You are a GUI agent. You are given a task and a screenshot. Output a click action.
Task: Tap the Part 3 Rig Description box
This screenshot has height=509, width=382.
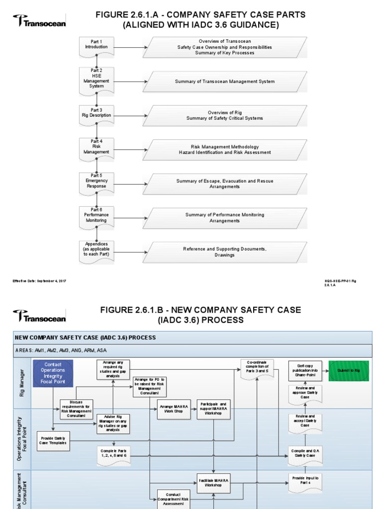click(x=96, y=114)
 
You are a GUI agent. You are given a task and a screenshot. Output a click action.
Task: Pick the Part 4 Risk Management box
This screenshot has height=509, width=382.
click(x=96, y=149)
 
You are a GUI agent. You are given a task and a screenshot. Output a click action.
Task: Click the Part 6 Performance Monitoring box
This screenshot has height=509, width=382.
click(x=96, y=217)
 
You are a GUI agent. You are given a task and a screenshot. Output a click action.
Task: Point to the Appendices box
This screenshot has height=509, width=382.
click(x=96, y=251)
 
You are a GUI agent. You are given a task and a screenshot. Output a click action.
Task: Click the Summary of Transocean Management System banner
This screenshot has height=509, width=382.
click(x=225, y=82)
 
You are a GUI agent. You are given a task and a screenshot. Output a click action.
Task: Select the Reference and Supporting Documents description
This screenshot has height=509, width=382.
click(x=225, y=252)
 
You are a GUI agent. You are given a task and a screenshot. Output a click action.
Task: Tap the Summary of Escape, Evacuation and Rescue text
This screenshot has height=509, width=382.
click(x=225, y=184)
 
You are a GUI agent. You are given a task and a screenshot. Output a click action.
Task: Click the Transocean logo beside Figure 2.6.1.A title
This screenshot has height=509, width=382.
click(x=39, y=21)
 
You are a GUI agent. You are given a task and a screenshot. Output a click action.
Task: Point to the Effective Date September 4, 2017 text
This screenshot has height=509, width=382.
click(x=39, y=281)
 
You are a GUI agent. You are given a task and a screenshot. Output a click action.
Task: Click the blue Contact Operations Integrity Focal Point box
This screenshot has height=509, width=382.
click(x=53, y=373)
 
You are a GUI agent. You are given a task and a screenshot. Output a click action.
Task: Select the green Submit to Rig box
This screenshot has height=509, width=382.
click(x=349, y=371)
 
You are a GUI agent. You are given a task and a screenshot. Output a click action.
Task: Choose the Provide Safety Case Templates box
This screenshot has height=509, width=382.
click(x=54, y=439)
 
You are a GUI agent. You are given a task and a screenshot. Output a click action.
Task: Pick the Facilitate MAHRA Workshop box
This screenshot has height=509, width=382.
click(x=213, y=482)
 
